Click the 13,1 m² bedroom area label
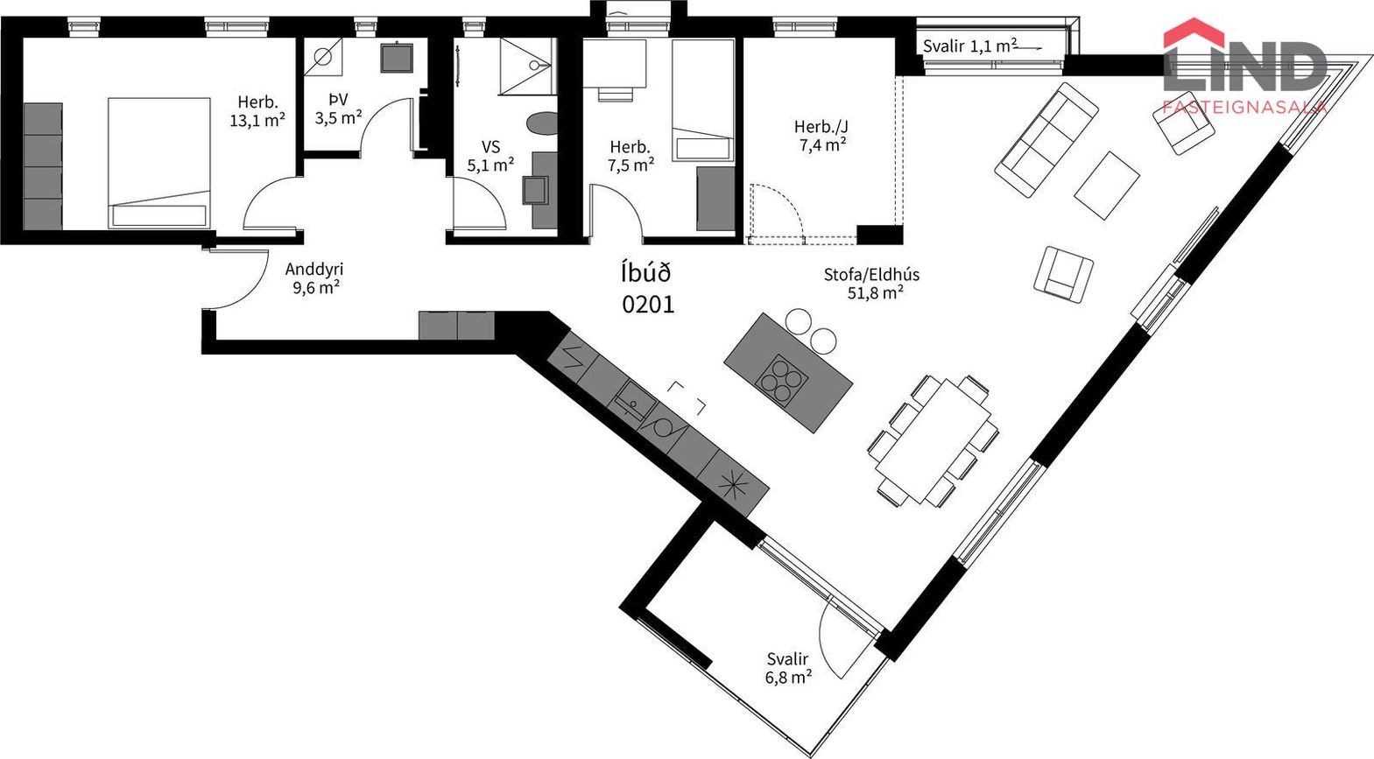click(x=257, y=111)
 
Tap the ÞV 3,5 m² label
click(x=338, y=109)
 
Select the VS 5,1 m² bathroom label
click(x=490, y=156)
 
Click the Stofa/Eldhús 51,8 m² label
click(x=871, y=284)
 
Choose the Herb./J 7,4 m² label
click(x=821, y=136)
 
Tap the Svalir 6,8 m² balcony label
click(x=788, y=668)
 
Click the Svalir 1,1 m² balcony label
click(x=970, y=46)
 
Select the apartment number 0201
click(x=648, y=304)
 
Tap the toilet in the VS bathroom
click(x=542, y=123)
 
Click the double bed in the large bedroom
click(x=159, y=163)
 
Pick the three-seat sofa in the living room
click(x=1046, y=140)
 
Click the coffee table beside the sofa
click(x=1107, y=185)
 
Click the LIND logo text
click(x=1245, y=67)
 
